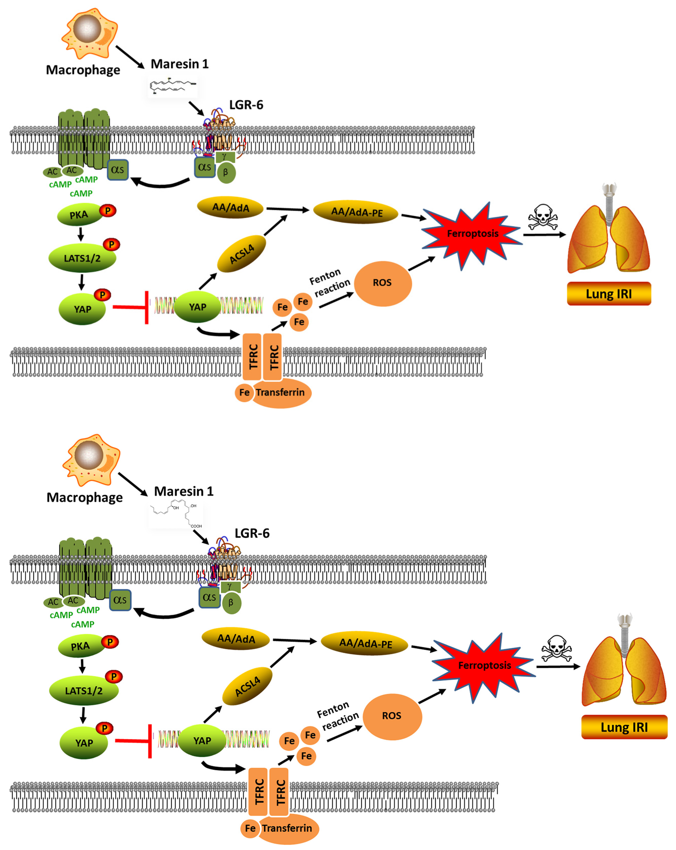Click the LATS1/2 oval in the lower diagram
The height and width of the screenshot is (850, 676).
click(x=84, y=691)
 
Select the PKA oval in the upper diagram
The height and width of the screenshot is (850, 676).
click(x=79, y=215)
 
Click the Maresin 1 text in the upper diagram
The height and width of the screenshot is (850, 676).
click(x=179, y=64)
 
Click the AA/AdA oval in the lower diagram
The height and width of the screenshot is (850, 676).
click(x=236, y=638)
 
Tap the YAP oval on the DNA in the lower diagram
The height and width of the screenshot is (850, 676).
click(x=202, y=740)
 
